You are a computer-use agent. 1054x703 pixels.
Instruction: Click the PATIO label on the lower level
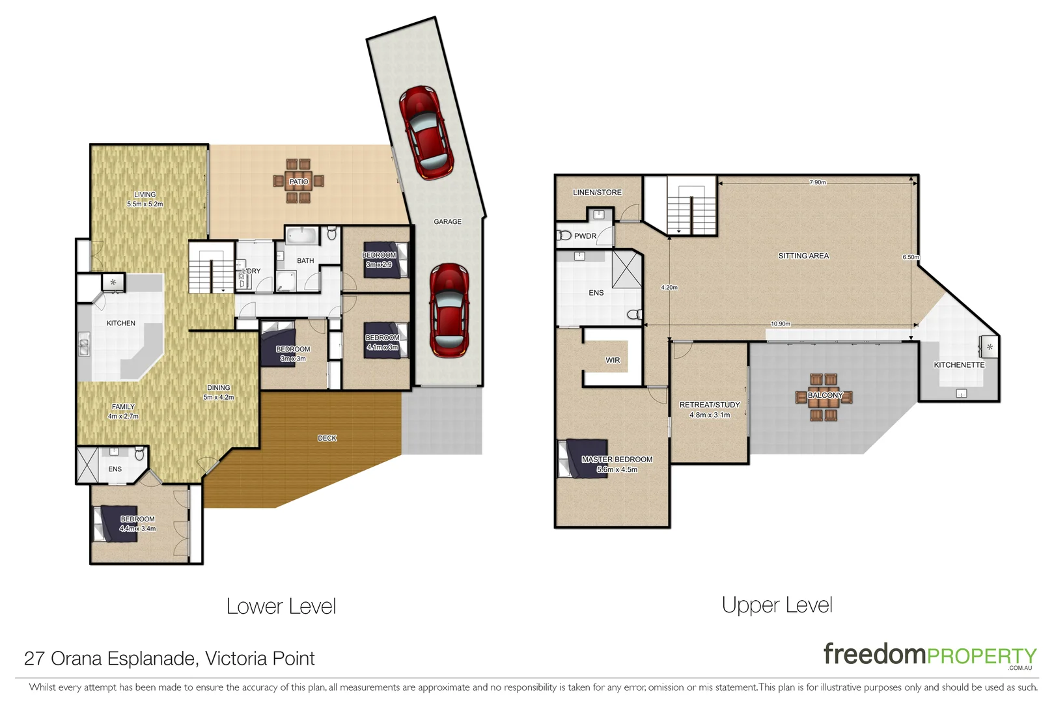(x=299, y=182)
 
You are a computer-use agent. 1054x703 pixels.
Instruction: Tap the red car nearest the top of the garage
(x=426, y=132)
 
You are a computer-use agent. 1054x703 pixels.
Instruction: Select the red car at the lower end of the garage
(x=449, y=310)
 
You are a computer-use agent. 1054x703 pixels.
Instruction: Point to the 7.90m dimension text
(x=817, y=182)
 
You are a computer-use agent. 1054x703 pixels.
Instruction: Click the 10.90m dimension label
(x=781, y=324)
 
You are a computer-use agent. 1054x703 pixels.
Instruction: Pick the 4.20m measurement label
(x=669, y=287)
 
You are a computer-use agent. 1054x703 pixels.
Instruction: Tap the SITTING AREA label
(x=803, y=256)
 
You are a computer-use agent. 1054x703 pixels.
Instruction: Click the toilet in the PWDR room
(x=564, y=235)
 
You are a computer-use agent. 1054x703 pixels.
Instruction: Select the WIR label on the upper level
(x=613, y=360)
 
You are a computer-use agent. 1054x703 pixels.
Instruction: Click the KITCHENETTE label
(x=959, y=365)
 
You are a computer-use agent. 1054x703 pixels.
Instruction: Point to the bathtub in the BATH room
(x=303, y=235)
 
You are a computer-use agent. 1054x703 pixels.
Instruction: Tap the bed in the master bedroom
(x=583, y=459)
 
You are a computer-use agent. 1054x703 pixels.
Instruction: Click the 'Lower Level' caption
(x=281, y=606)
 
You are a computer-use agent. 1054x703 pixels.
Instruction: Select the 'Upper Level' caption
(x=777, y=605)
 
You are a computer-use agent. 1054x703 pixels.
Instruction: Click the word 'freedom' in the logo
(x=874, y=654)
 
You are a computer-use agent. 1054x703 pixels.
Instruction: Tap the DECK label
(x=327, y=438)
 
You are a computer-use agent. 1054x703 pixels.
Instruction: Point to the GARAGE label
(x=447, y=221)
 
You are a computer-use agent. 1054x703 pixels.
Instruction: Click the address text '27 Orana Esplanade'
(x=109, y=658)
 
